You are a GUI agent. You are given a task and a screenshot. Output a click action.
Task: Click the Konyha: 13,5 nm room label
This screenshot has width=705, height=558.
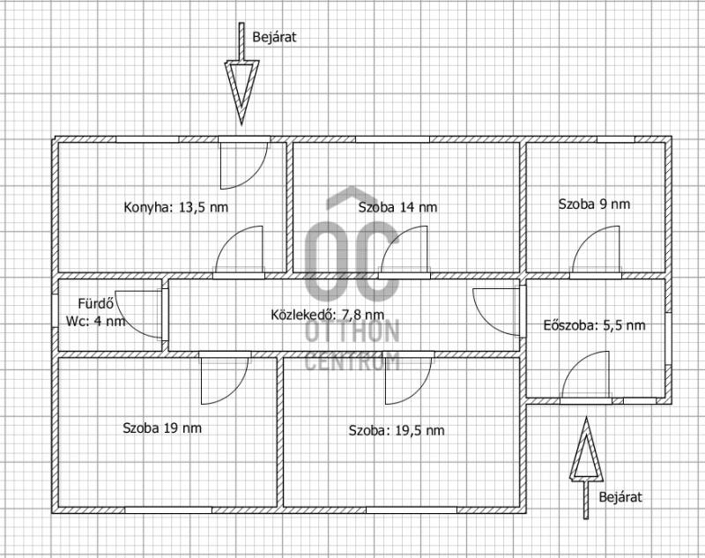[175, 207]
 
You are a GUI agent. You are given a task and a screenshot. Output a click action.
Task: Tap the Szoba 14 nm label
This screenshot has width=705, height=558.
[397, 207]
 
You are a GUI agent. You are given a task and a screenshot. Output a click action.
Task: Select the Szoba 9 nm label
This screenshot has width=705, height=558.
[594, 205]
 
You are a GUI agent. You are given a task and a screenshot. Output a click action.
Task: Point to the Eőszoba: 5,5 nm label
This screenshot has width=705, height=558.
[594, 325]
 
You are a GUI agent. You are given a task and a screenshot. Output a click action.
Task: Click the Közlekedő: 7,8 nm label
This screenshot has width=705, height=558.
[327, 315]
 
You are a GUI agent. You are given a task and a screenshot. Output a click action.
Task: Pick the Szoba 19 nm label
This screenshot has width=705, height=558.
[162, 428]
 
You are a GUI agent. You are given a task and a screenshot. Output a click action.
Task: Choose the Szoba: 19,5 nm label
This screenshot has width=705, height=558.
[397, 430]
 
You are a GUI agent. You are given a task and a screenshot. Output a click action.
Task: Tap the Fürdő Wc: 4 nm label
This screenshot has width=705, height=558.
[95, 313]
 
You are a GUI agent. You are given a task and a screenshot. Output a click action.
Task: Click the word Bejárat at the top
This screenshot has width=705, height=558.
[274, 37]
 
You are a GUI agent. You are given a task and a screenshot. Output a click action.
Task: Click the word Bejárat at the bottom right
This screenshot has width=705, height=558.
[620, 497]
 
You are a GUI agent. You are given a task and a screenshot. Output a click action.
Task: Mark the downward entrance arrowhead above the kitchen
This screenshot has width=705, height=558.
[241, 93]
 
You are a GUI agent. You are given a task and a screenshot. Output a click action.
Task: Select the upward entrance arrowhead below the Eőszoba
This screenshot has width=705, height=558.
[586, 449]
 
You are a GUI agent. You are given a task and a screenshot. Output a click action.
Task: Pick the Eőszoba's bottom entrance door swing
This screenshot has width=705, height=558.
[574, 366]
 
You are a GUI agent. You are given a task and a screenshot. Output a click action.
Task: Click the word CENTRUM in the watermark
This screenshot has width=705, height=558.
[352, 361]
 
